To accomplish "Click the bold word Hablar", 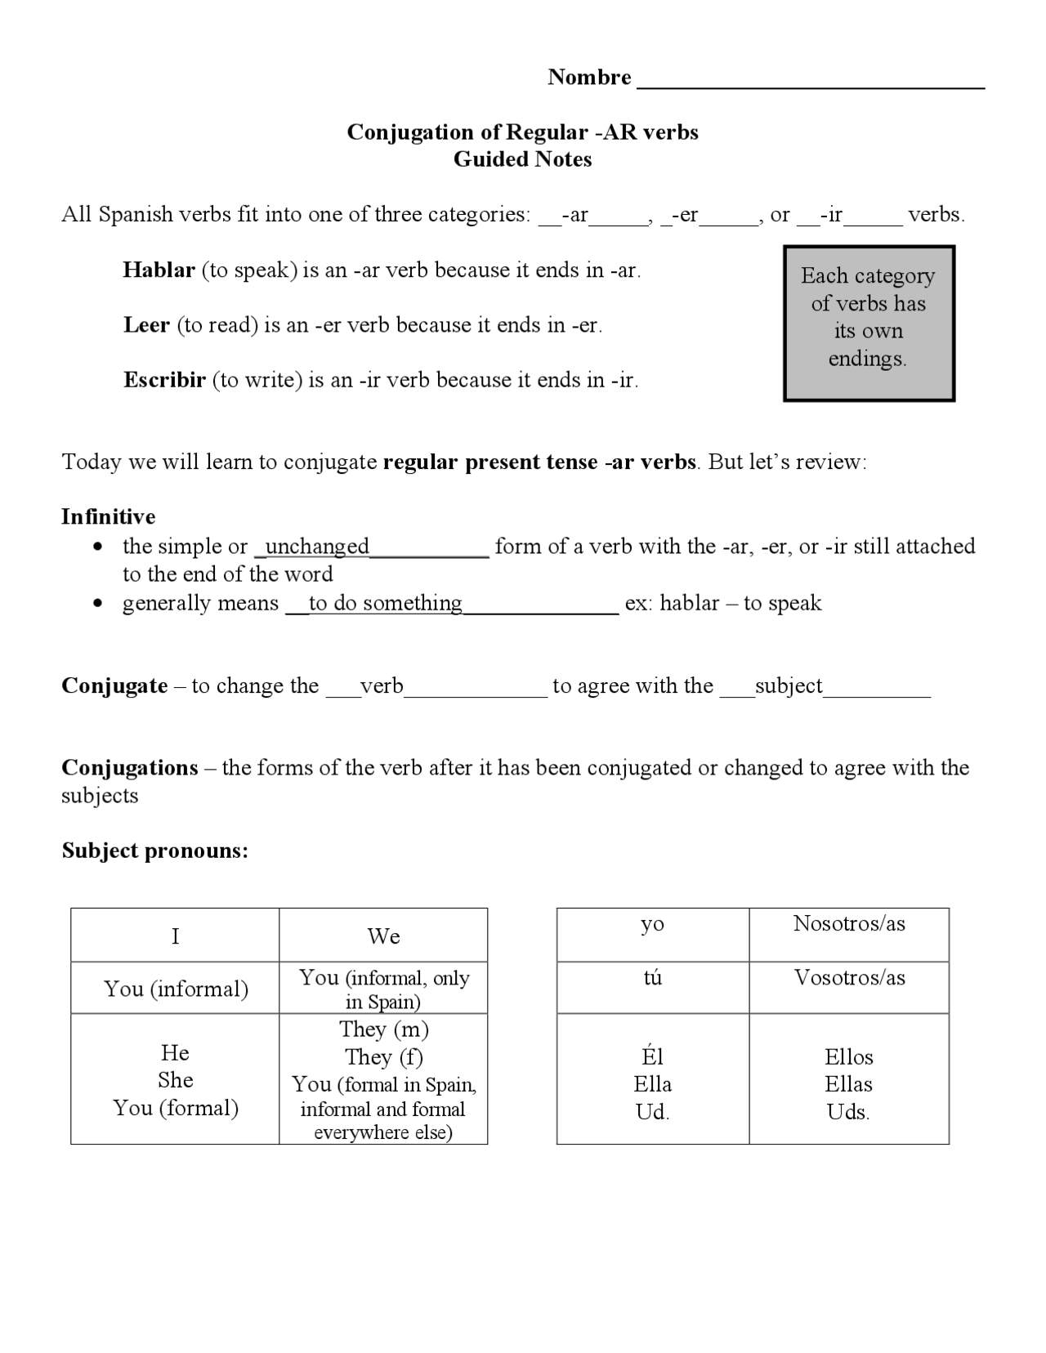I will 159,270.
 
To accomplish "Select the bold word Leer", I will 146,325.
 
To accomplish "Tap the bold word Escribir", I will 164,380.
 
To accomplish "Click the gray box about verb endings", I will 868,323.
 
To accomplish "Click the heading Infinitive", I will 108,516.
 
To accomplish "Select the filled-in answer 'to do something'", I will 385,603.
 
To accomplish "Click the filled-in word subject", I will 788,685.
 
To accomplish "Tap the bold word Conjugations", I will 130,768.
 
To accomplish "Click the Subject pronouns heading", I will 154,851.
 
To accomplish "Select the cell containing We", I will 383,935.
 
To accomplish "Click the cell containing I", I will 175,935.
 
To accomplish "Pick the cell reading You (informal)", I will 175,989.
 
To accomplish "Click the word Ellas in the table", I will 848,1084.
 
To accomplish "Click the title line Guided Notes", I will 522,159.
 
